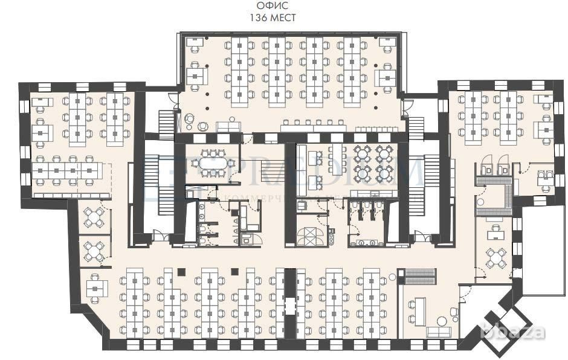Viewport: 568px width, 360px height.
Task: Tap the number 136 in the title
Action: click(x=258, y=18)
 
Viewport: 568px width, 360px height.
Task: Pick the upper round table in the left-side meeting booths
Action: click(x=95, y=217)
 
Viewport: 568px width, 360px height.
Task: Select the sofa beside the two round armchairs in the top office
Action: click(x=228, y=126)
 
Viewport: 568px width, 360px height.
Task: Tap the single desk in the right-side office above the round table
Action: click(x=496, y=231)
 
